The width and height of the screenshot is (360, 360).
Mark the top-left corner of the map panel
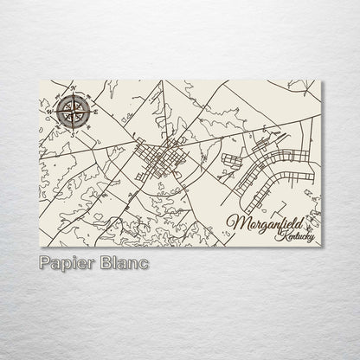click(41, 80)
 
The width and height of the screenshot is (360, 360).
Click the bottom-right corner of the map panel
click(321, 247)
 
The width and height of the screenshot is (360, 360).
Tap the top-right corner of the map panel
click(321, 80)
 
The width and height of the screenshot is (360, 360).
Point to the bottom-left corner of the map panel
click(41, 247)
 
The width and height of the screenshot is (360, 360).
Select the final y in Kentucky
click(312, 240)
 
